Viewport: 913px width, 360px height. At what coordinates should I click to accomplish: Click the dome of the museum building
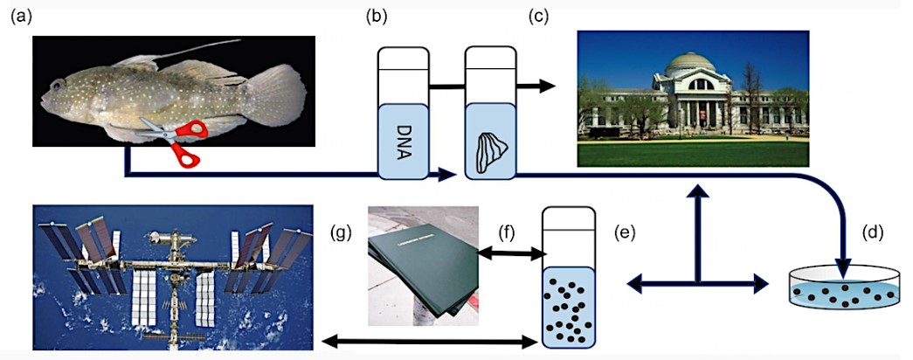pyautogui.click(x=689, y=64)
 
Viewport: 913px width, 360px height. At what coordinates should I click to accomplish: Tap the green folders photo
pyautogui.click(x=423, y=264)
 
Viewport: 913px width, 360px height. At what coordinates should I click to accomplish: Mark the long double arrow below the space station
pyautogui.click(x=428, y=341)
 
